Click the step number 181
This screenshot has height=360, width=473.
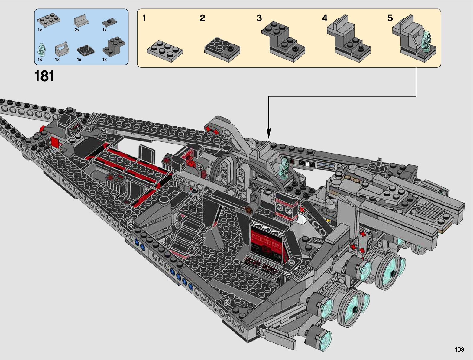44,76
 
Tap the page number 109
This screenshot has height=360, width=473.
459,349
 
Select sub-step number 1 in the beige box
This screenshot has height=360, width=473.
144,18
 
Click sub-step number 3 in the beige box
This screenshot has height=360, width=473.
259,18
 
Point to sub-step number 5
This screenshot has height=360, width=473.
390,18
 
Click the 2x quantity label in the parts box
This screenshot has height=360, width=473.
77,30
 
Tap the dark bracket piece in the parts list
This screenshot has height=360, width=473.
114,47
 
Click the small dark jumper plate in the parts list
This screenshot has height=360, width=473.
109,22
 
